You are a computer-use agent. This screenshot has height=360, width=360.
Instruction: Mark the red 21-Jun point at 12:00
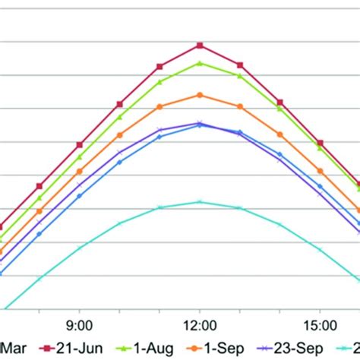coord(200,46)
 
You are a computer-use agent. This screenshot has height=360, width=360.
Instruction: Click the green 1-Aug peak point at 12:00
coord(200,63)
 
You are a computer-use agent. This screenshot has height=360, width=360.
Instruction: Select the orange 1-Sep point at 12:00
coord(200,95)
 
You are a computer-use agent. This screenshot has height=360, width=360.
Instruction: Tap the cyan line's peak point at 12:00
coord(200,201)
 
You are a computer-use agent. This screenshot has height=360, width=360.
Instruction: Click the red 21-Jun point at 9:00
coord(80,144)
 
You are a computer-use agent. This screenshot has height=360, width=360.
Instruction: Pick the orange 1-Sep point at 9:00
coord(80,172)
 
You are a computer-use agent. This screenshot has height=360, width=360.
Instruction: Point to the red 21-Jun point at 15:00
coord(320,143)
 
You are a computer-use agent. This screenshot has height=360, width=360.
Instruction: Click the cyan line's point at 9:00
coord(80,246)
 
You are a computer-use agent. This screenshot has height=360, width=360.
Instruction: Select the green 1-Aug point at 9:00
coord(80,156)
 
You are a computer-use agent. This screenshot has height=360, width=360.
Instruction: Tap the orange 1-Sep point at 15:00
coord(320,171)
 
